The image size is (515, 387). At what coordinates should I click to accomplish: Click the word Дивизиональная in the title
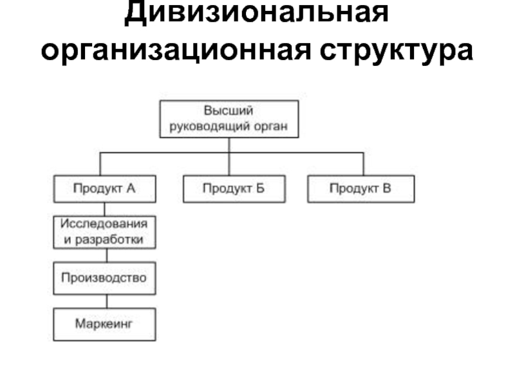(x=256, y=13)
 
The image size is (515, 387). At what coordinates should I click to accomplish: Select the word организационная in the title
(x=175, y=50)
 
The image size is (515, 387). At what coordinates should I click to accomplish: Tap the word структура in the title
(x=397, y=51)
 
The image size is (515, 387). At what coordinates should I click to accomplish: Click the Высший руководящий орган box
(x=229, y=119)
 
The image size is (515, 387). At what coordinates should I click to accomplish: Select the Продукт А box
(x=105, y=189)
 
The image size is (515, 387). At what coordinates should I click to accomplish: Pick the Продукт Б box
(x=234, y=189)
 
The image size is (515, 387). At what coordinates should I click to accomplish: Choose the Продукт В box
(x=361, y=189)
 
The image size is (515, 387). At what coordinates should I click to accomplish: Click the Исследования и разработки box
(x=104, y=232)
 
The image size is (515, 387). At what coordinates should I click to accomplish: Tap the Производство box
(x=104, y=279)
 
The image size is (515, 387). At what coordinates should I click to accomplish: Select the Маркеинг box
(x=104, y=324)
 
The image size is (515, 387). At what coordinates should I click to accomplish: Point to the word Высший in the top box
(x=229, y=110)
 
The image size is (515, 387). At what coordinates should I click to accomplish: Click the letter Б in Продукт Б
(x=260, y=188)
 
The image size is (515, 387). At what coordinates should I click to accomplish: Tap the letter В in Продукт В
(x=387, y=188)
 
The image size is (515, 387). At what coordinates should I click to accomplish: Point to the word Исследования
(x=104, y=224)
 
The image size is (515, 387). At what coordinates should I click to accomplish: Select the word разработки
(x=109, y=240)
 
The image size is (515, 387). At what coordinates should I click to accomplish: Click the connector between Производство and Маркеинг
(x=107, y=301)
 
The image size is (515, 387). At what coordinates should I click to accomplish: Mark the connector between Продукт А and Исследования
(x=104, y=209)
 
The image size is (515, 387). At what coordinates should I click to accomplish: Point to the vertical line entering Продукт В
(x=363, y=164)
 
